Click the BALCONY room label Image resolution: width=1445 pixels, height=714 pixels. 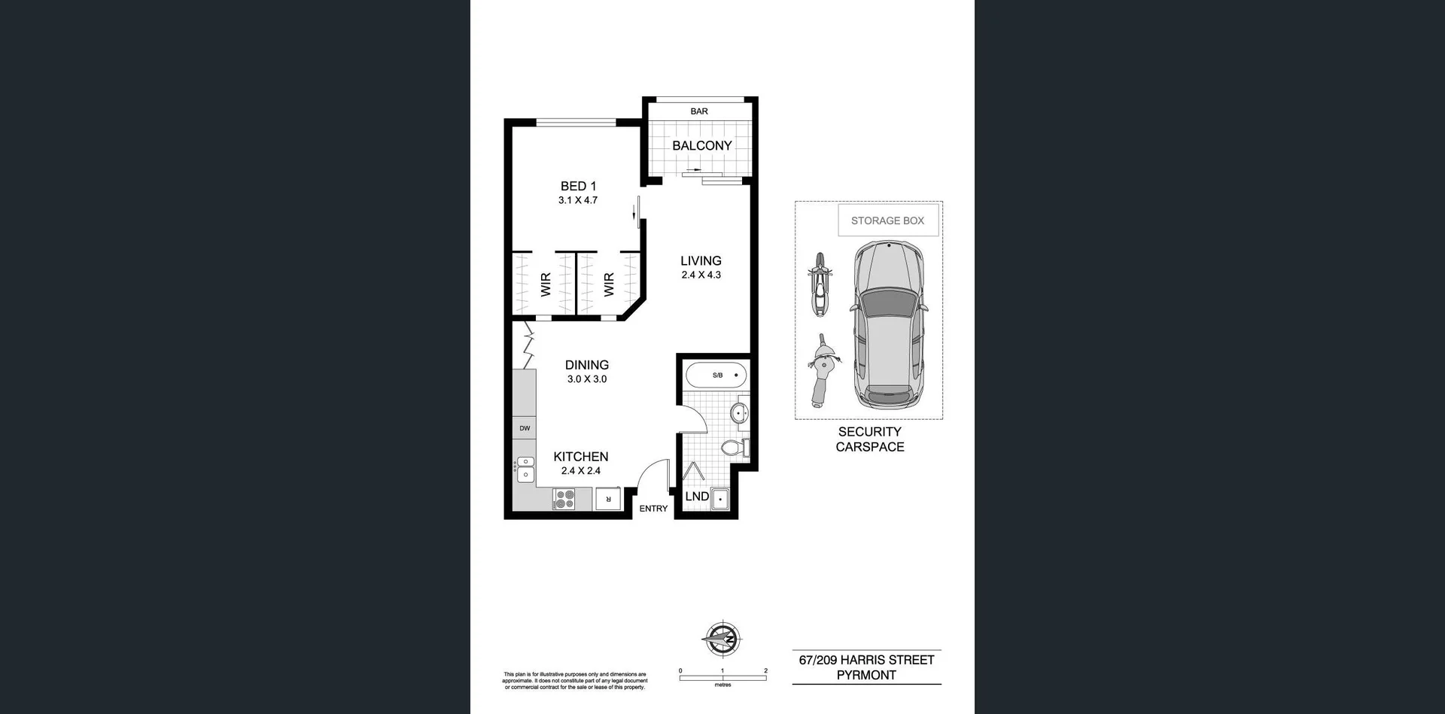pos(701,146)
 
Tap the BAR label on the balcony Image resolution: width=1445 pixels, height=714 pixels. pos(699,111)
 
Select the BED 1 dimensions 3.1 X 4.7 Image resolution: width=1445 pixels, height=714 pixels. pos(578,201)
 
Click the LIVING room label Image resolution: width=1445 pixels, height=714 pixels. pos(701,261)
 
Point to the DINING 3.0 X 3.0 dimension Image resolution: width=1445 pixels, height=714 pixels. pos(587,379)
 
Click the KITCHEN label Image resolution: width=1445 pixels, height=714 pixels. pos(580,457)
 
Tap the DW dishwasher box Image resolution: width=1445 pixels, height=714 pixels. pos(525,428)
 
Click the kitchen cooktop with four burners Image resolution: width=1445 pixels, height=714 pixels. pos(564,499)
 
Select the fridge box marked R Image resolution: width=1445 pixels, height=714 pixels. pos(608,499)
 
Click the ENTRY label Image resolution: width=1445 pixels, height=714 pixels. pos(653,509)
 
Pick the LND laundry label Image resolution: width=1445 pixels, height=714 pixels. pos(697,497)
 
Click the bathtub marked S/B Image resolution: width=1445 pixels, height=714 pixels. pos(716,375)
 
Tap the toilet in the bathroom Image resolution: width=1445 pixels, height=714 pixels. pos(734,448)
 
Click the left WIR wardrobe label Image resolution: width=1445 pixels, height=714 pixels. pos(546,284)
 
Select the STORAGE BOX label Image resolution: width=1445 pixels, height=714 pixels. pos(887,220)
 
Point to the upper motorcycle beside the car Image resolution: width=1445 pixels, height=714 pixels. pos(820,284)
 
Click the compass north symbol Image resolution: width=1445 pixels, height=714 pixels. pos(722,640)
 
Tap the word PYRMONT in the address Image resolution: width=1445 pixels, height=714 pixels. pos(866,676)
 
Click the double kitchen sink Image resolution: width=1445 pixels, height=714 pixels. pos(525,469)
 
